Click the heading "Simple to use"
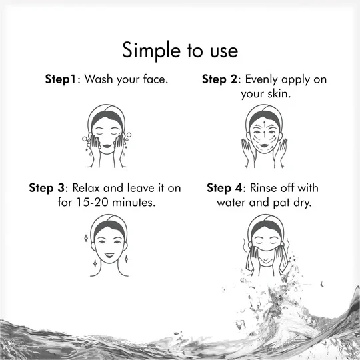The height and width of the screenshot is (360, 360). point(180,50)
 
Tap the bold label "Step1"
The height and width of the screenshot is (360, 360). point(61,79)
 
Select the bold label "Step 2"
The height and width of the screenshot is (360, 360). point(220,79)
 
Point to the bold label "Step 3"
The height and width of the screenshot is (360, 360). point(47,188)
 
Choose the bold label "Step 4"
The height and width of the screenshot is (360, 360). point(225,188)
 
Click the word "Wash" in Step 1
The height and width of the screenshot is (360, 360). point(99,79)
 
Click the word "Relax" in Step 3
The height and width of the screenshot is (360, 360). point(86,188)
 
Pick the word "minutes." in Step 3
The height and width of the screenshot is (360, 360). point(133,202)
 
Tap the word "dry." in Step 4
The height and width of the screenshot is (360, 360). point(302,203)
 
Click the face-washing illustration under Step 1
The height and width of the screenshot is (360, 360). point(107,136)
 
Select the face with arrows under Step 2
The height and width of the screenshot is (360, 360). point(264,136)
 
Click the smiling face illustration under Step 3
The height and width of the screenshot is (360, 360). point(109,245)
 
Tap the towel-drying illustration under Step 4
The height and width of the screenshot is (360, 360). point(266,245)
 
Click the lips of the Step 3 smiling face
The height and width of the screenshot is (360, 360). point(109,255)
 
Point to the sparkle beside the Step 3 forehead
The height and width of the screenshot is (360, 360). point(86,238)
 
